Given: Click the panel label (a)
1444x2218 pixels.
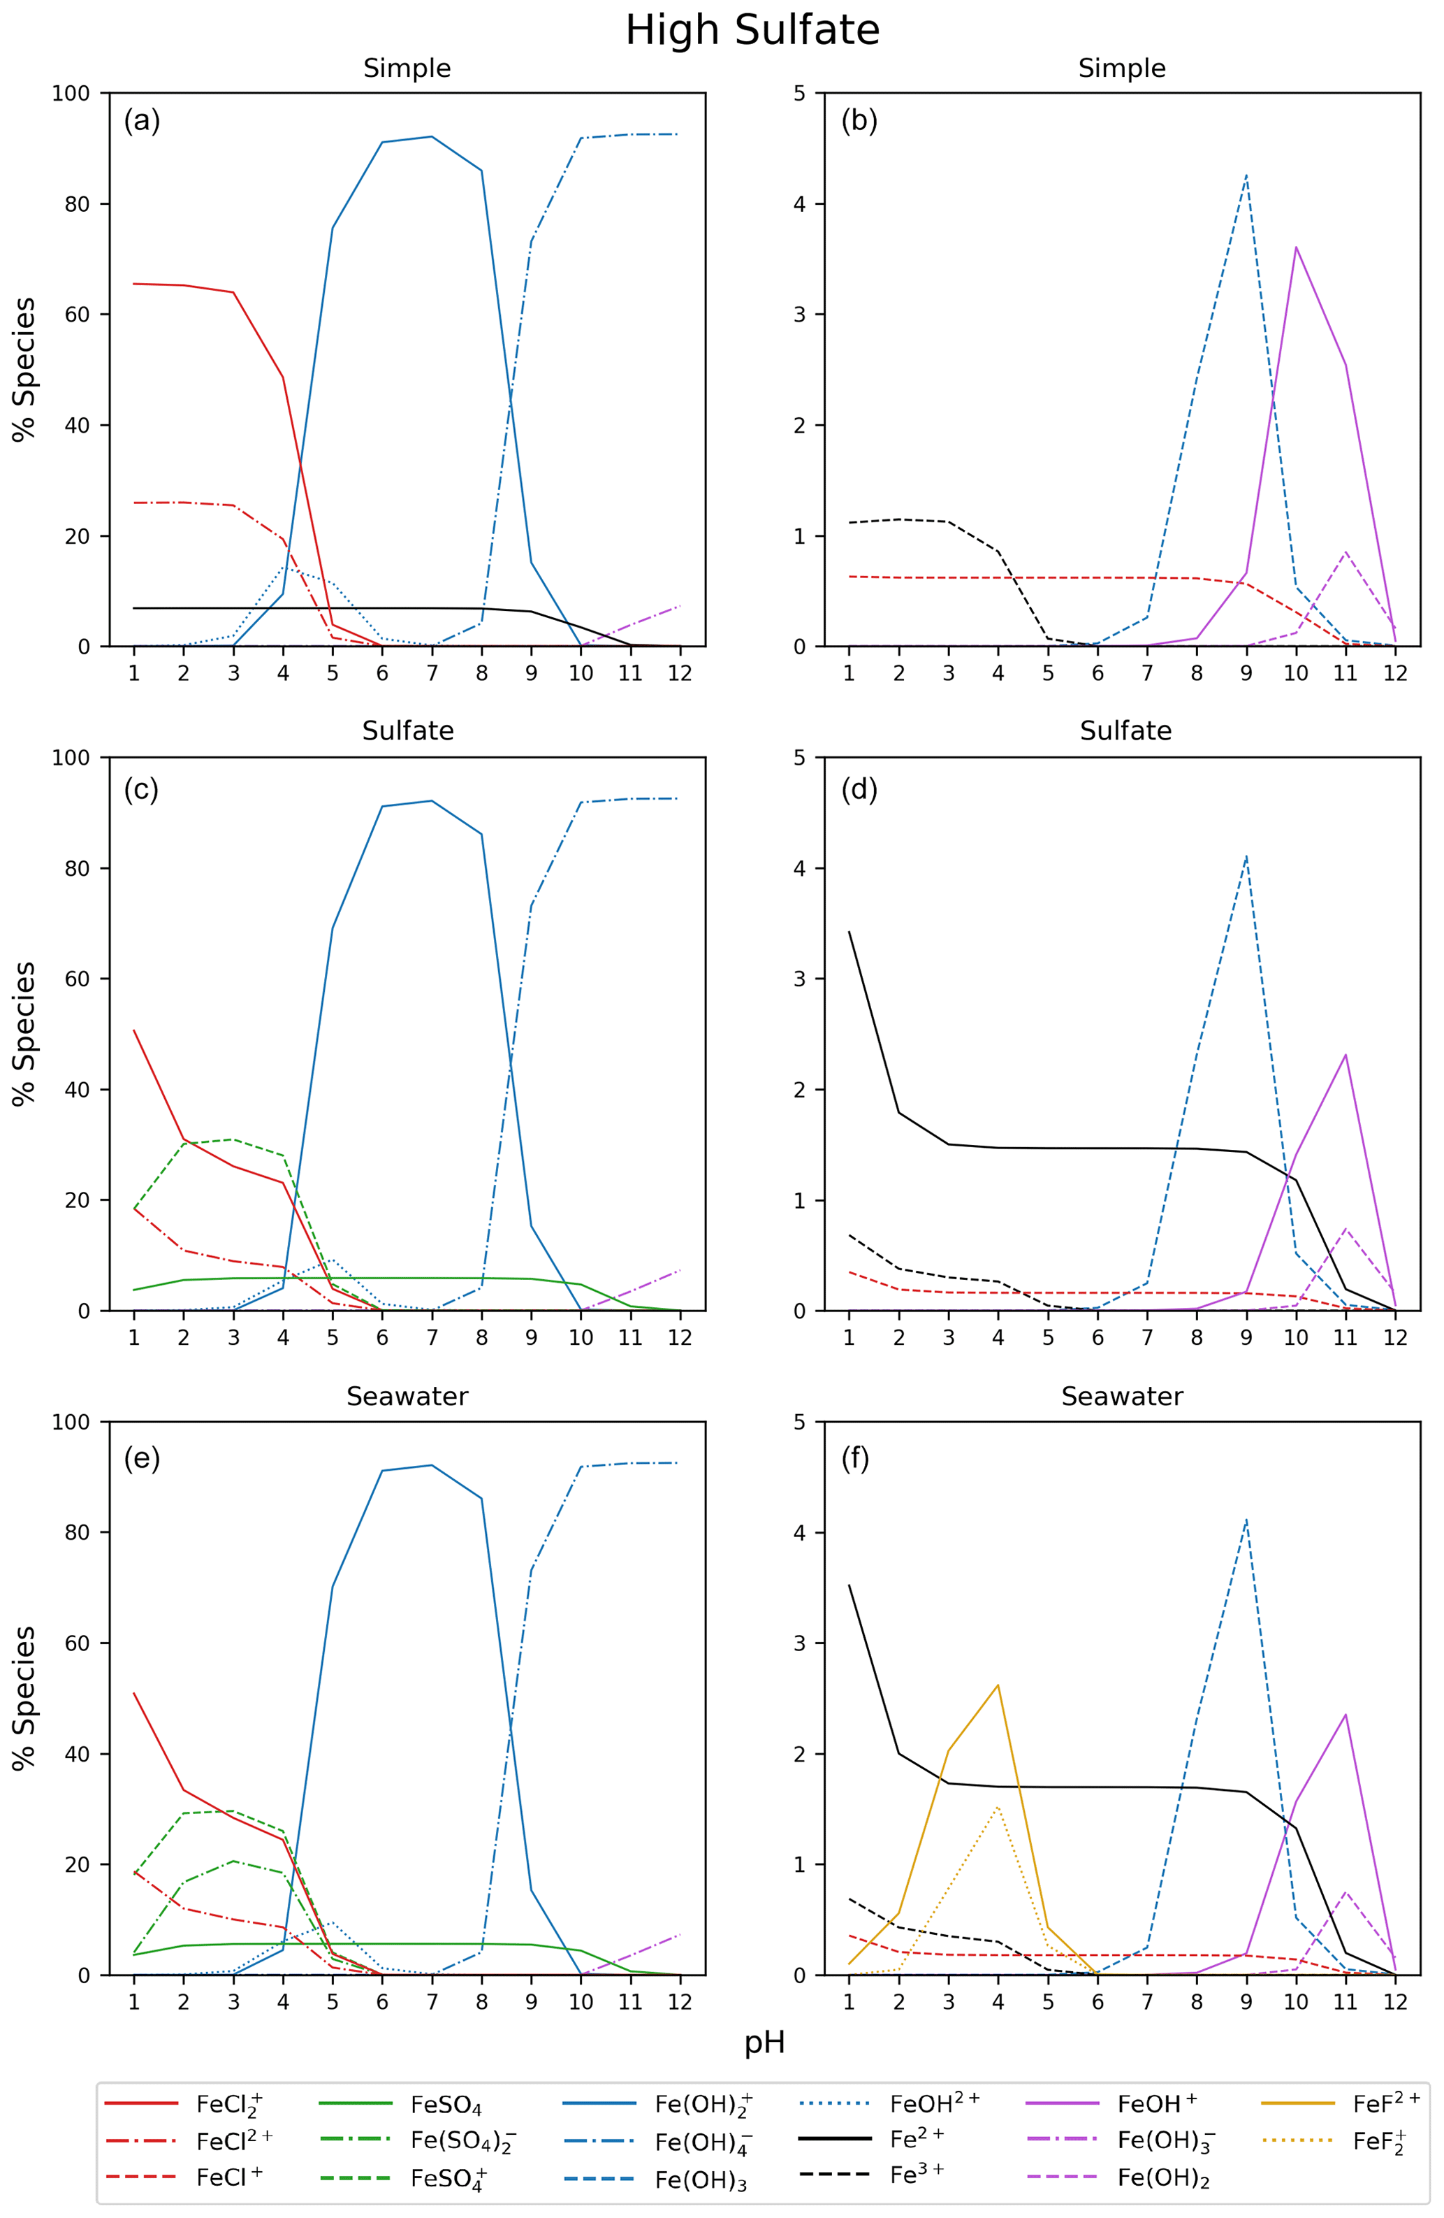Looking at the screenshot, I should coord(142,120).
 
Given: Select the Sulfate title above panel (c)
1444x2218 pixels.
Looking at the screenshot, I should coord(407,730).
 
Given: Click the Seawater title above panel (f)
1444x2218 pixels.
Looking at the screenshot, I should coord(1122,1396).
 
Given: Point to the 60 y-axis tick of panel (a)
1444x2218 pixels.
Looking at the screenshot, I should coord(78,315).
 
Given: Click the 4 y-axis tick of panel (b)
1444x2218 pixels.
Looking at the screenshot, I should coord(799,204).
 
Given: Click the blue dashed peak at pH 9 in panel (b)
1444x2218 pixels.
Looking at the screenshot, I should coord(1246,175).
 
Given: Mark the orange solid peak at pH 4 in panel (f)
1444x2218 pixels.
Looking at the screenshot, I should coord(998,1685).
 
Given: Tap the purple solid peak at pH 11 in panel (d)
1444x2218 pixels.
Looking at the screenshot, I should coord(1345,1055).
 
